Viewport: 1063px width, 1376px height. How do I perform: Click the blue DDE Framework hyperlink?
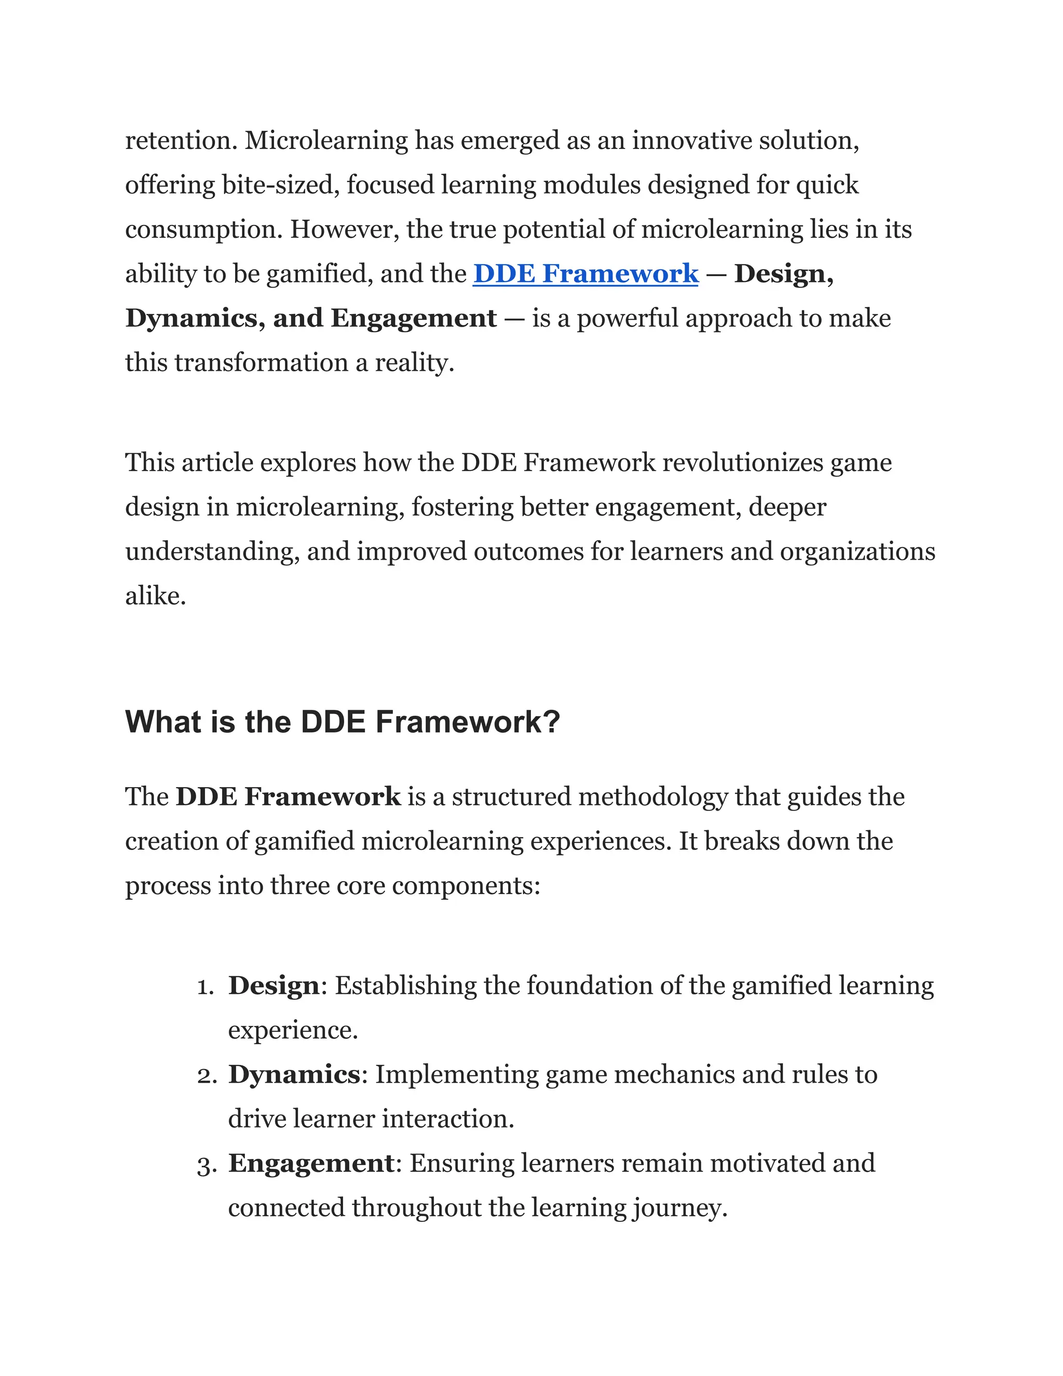pyautogui.click(x=585, y=274)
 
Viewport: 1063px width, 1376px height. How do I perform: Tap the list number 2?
pyautogui.click(x=206, y=1076)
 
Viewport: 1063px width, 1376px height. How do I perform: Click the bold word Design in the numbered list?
pyautogui.click(x=274, y=986)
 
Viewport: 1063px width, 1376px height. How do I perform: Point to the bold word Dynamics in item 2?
pyautogui.click(x=293, y=1075)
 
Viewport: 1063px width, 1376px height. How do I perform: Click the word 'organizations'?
pyautogui.click(x=857, y=552)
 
